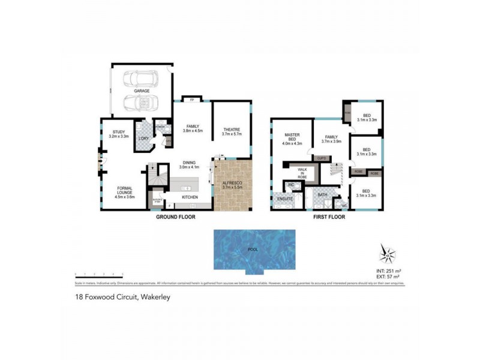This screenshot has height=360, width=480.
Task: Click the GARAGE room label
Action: (142, 91)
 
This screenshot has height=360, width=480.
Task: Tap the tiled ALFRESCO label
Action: (232, 184)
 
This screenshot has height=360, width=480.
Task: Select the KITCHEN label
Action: (190, 197)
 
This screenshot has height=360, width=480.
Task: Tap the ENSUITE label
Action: (284, 199)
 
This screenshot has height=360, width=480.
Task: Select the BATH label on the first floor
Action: (322, 194)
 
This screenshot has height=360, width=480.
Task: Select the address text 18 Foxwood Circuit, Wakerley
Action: (116, 296)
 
